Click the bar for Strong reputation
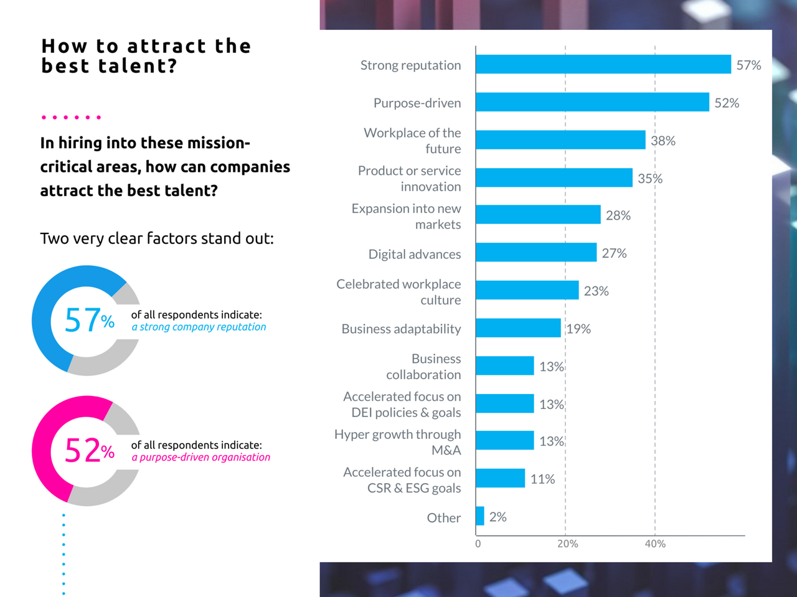pyautogui.click(x=603, y=65)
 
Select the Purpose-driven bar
pyautogui.click(x=592, y=102)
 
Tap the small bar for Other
pyautogui.click(x=480, y=516)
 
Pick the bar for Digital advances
pyautogui.click(x=536, y=252)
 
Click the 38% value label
pyautogui.click(x=663, y=141)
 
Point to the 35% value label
pyautogui.click(x=650, y=179)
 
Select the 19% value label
pyautogui.click(x=578, y=329)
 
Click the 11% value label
pyautogui.click(x=542, y=479)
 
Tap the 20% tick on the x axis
pyautogui.click(x=567, y=544)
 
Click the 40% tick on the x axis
pyautogui.click(x=655, y=544)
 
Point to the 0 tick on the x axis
pyautogui.click(x=478, y=544)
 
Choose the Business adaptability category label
pyautogui.click(x=401, y=329)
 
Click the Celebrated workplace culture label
pyautogui.click(x=399, y=292)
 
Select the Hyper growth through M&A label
pyautogui.click(x=398, y=442)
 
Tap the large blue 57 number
pyautogui.click(x=82, y=320)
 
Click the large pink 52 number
pyautogui.click(x=82, y=450)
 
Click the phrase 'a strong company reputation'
pyautogui.click(x=199, y=327)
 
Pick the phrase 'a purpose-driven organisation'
pyautogui.click(x=200, y=457)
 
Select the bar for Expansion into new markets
pyautogui.click(x=538, y=215)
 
